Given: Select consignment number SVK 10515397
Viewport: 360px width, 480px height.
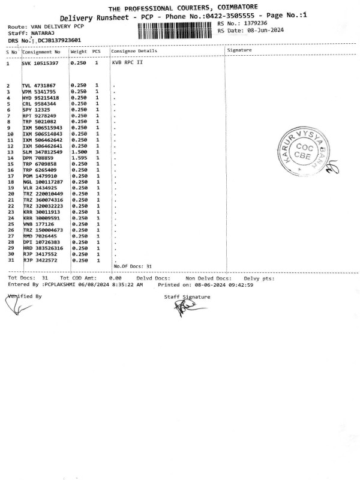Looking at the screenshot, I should point(40,62).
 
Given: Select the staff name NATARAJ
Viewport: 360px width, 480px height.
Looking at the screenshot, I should point(41,34).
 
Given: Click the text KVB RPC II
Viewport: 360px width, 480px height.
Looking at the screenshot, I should point(127,62).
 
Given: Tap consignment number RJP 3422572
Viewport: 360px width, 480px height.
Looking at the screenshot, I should point(40,260).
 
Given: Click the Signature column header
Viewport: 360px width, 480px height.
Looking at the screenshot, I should point(239,50).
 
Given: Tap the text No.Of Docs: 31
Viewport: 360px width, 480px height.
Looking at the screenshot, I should point(133,266).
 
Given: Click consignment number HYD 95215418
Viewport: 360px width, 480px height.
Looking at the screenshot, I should point(40,98).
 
